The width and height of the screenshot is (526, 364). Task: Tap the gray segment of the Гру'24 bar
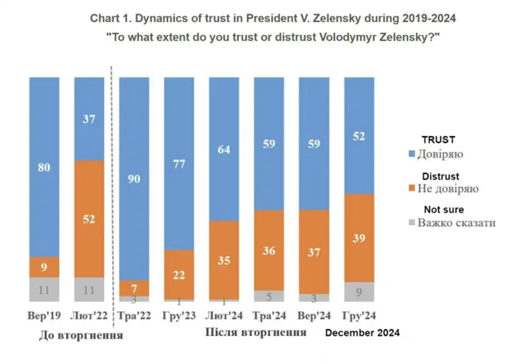pos(359,292)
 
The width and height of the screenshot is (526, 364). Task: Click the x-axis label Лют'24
pos(224,316)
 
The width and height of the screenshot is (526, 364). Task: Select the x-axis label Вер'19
pos(44,316)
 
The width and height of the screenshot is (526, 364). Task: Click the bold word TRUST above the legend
pos(438,140)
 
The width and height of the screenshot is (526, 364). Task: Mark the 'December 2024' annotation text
pos(363,333)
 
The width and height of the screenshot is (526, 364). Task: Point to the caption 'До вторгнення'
pos(81,335)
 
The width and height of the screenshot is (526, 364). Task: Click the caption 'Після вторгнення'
pos(256,332)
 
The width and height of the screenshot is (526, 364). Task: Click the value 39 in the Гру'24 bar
pos(359,238)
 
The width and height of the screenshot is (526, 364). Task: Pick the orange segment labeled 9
pos(44,267)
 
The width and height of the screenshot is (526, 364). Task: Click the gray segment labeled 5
pos(269,296)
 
